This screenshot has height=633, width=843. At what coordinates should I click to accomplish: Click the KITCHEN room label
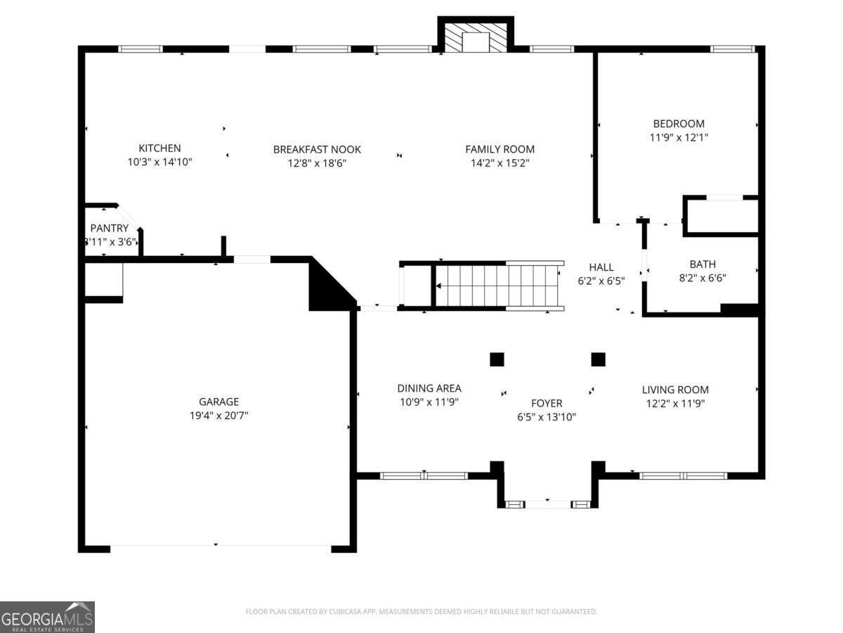click(x=159, y=148)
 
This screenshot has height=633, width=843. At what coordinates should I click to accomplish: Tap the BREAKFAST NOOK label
click(x=317, y=149)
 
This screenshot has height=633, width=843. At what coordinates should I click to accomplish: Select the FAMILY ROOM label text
click(x=499, y=149)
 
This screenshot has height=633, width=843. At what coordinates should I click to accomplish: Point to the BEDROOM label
click(x=678, y=124)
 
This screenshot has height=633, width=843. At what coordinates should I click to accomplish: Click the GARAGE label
click(x=218, y=402)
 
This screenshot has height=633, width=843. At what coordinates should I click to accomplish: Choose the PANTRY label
click(x=110, y=228)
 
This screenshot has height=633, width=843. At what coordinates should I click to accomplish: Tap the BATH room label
click(x=702, y=264)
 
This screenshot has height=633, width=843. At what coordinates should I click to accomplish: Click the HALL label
click(x=601, y=267)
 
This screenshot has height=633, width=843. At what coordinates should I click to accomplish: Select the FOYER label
click(x=546, y=403)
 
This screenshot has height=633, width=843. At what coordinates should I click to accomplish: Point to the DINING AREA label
click(x=429, y=388)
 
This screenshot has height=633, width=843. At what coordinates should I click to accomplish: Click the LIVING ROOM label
click(x=675, y=390)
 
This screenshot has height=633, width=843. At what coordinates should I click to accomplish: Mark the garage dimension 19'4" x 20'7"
click(x=218, y=416)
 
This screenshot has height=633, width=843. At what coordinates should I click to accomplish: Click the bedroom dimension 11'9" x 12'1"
click(x=678, y=138)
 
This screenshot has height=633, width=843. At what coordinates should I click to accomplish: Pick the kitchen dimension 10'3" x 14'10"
click(x=159, y=162)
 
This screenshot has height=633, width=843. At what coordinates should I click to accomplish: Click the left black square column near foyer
click(x=497, y=359)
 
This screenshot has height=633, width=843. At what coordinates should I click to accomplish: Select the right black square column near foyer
click(x=598, y=359)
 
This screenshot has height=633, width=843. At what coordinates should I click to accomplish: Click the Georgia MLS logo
click(x=47, y=617)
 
